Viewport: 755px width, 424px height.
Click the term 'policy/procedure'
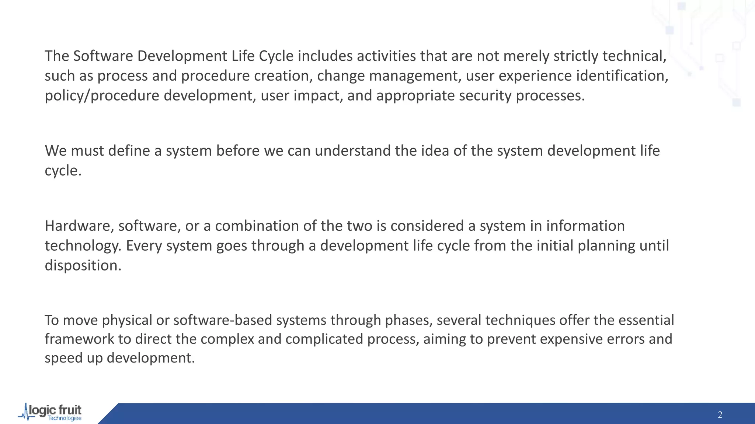click(x=102, y=96)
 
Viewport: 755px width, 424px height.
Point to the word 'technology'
click(x=83, y=246)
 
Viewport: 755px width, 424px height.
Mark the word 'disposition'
click(x=83, y=266)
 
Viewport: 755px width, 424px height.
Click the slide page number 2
click(x=720, y=415)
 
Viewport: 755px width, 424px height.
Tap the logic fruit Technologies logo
click(x=50, y=412)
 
